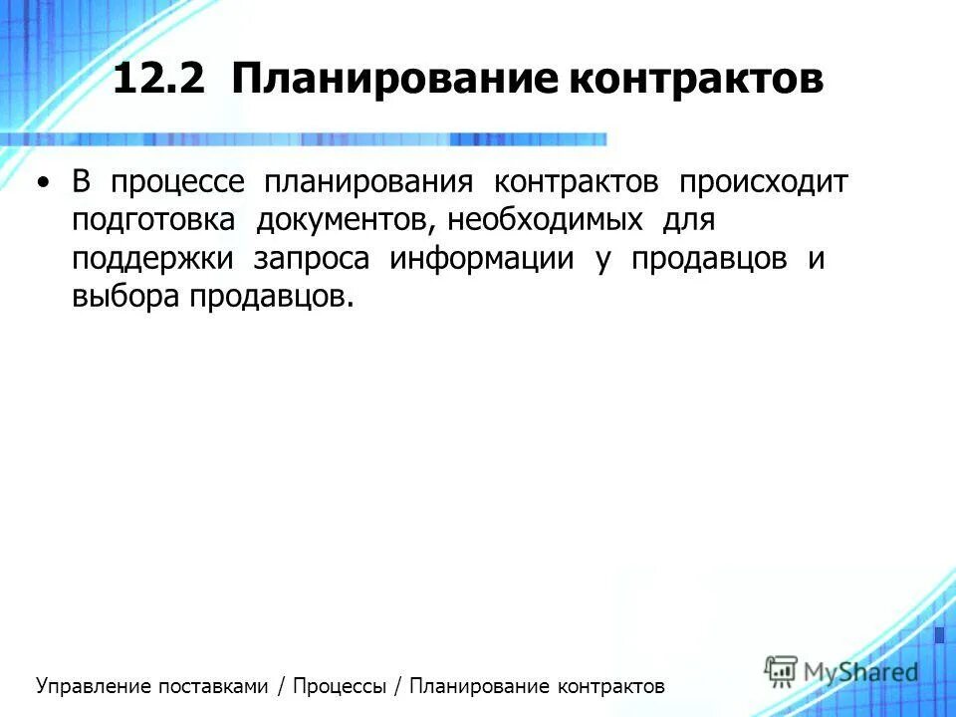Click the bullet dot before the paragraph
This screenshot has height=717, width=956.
(x=42, y=184)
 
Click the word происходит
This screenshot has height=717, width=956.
(x=763, y=184)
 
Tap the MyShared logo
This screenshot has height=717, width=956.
(x=841, y=671)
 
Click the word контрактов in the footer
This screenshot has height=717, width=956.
(x=610, y=686)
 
